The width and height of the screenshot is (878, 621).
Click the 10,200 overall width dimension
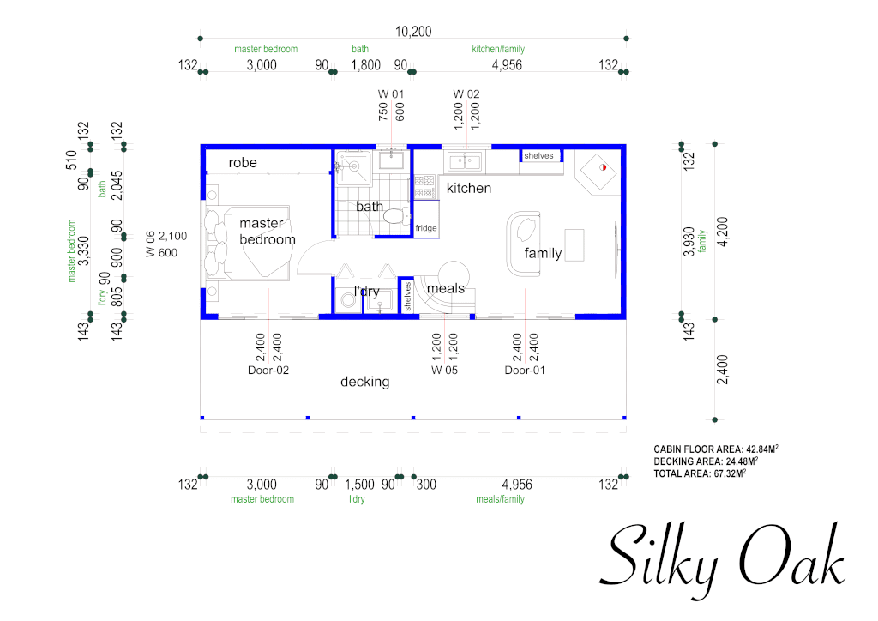coord(413,32)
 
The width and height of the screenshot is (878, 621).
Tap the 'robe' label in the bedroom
coord(243,162)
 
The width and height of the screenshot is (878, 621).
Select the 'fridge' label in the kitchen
coord(425,228)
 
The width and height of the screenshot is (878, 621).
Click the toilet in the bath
coord(398,216)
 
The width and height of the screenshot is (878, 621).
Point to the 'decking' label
coord(364,382)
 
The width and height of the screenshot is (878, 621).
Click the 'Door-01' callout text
coord(525,371)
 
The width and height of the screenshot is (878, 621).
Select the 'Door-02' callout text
coord(268,371)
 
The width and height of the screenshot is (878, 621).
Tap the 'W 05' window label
coord(444,371)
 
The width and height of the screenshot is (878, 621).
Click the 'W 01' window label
coord(391,94)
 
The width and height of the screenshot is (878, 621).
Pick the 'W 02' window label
coord(466,94)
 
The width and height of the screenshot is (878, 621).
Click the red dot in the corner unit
coord(603,167)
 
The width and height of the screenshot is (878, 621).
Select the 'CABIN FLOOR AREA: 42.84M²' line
coord(716,449)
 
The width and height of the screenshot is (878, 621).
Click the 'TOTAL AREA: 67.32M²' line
coord(700,473)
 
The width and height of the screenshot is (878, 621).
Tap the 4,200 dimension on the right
coord(722,232)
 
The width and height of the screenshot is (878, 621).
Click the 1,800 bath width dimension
coord(365,65)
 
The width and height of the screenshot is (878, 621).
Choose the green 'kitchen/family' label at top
coord(498,49)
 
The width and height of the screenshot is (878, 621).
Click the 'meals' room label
coord(446,288)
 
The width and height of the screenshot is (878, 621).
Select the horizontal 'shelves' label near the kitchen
coord(538,155)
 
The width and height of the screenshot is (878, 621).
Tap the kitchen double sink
coord(465,162)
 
